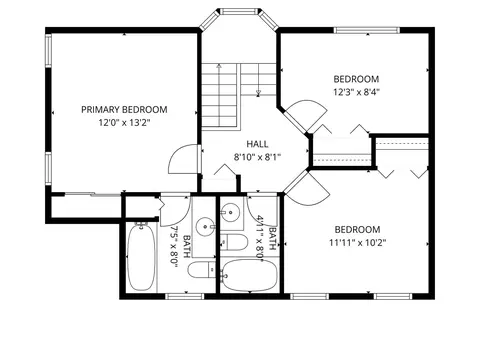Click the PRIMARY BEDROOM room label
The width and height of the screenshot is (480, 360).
coord(124,110)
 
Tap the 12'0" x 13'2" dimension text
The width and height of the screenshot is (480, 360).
coord(124,123)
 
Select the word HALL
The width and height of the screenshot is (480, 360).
coord(257,144)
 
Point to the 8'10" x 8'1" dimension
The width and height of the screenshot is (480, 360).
coord(257,157)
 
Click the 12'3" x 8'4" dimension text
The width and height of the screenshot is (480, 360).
coord(357,92)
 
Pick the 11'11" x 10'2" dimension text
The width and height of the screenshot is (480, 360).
coord(358,243)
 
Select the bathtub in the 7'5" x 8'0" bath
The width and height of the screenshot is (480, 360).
coord(141,257)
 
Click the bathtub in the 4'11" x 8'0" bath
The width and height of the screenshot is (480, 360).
coord(249,275)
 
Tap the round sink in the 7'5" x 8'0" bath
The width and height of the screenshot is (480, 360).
coord(205,227)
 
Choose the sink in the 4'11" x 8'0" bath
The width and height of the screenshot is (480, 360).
coord(230,212)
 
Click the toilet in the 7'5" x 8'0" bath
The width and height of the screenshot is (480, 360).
coord(202,270)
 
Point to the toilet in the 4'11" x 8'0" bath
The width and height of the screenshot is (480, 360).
coord(234,242)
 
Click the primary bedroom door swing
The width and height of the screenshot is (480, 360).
coord(183,159)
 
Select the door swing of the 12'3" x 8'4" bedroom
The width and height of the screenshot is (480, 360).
coord(307,115)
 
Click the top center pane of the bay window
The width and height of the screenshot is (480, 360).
coord(239,11)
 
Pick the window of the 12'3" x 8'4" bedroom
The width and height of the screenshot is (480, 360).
coord(367,30)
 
